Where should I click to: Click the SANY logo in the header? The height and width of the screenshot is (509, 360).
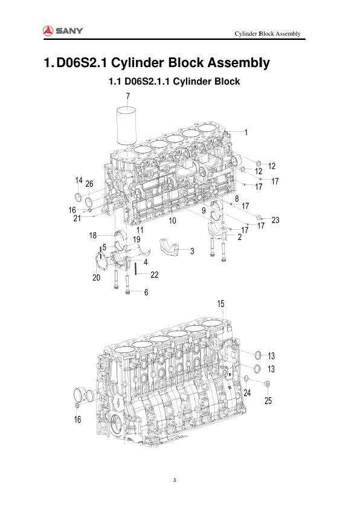coord(63,31)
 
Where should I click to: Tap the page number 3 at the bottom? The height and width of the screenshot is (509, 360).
coord(174,481)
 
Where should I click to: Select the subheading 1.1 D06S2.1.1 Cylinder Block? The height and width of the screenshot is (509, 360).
coord(174,81)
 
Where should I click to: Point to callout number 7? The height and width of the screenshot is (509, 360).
coord(127,96)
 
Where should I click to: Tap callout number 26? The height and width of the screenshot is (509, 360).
coord(89,184)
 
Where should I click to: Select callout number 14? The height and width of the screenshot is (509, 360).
coord(79,180)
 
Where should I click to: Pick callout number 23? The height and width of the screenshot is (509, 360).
coord(275,220)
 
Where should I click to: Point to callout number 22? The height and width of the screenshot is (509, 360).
coord(155,274)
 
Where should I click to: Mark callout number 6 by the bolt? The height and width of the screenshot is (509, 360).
coord(146,293)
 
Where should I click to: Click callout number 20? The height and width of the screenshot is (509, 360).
coord(96,277)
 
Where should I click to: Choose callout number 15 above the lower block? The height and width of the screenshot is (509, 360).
coord(221,303)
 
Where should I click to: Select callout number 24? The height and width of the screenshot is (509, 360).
coord(247,393)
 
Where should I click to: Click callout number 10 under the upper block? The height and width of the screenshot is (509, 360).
coord(172,221)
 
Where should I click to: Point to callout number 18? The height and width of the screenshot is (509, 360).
coord(93,235)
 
